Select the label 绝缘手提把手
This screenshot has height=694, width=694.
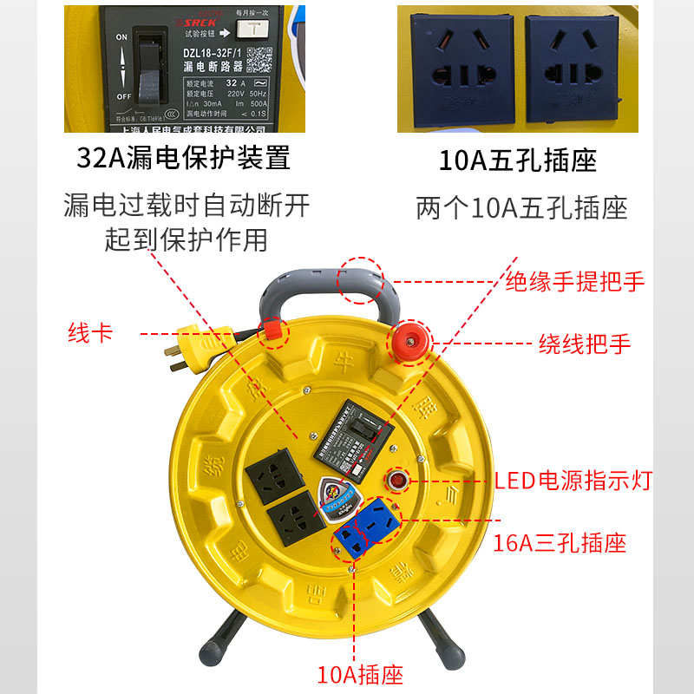point(575,282)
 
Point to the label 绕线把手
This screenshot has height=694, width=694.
point(584,344)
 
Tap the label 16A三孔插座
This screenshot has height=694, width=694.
point(560,543)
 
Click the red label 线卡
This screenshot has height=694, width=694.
point(90,332)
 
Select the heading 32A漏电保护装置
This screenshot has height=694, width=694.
point(183,159)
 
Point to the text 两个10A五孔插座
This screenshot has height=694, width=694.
point(520,208)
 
